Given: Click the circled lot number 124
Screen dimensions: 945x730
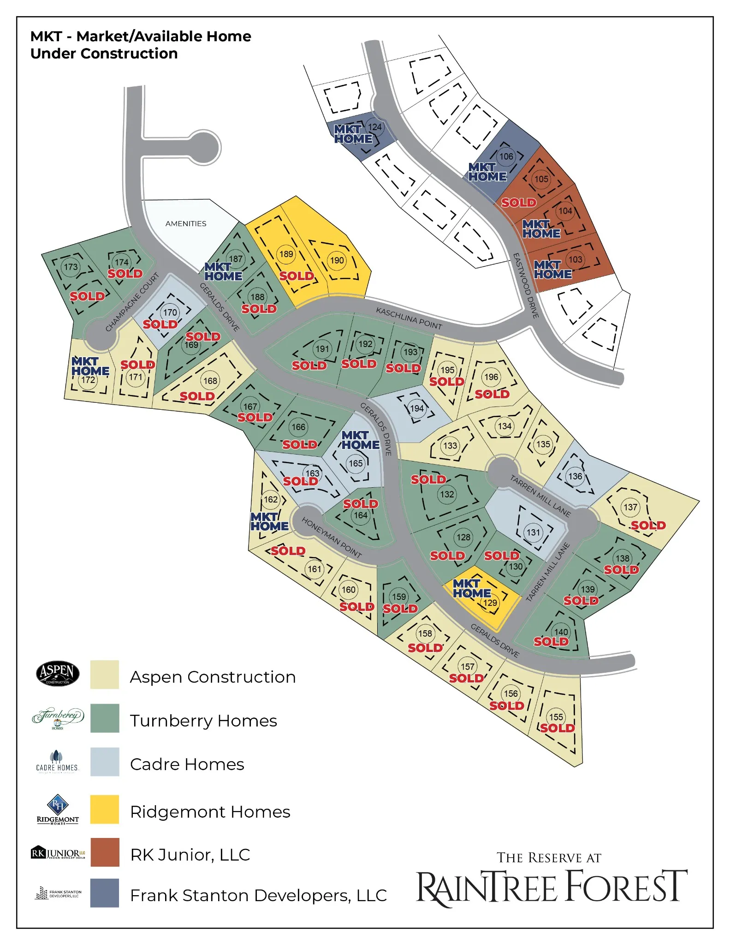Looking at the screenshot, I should tap(374, 127).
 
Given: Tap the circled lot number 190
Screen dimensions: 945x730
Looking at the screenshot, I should tap(337, 260).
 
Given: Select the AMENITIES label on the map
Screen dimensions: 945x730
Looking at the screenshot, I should tap(186, 224).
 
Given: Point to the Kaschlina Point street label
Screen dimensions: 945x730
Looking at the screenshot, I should tap(409, 318).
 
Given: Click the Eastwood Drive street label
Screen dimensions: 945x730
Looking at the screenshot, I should tap(526, 286).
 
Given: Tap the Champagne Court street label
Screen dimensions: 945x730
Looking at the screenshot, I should tap(132, 302).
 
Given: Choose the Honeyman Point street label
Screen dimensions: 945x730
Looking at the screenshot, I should tap(332, 537).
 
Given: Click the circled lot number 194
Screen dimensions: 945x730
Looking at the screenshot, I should tap(416, 408).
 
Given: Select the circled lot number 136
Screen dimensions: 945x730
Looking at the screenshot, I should tap(575, 476).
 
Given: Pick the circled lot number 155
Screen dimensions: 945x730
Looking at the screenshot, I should tap(556, 717).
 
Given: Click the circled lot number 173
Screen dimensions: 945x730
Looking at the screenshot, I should tap(71, 267).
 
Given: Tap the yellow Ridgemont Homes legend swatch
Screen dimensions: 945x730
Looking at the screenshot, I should tap(105, 809).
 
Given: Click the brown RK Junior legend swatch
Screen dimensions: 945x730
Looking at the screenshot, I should tap(105, 852).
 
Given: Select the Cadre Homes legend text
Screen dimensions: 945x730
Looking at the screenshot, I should tap(187, 764).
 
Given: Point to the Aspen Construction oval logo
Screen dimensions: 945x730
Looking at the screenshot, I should tap(58, 673).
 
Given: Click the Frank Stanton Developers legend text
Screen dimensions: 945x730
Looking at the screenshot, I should tap(258, 895).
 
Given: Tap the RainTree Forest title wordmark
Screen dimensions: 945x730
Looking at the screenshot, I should tap(552, 887).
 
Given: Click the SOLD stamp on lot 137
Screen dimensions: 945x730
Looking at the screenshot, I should tap(648, 525).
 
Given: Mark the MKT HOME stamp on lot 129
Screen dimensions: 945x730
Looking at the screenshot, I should tap(471, 589).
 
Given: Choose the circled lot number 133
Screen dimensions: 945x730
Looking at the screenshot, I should tap(450, 445).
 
